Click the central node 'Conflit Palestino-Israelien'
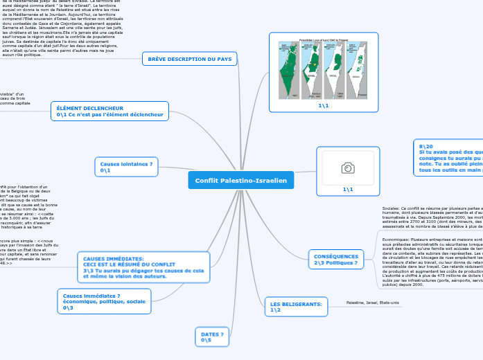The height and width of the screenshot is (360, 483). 240,181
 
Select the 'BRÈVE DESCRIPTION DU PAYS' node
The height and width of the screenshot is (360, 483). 189,59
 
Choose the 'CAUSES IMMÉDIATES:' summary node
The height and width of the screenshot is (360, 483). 114,258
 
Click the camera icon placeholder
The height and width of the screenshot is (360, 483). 348,168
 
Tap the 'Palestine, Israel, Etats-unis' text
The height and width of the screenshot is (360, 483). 373,303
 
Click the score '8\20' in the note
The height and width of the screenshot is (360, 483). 425,147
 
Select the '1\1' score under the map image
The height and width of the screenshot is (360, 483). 324,105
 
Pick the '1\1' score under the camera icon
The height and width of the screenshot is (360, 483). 348,189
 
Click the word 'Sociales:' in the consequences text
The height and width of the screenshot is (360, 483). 392,208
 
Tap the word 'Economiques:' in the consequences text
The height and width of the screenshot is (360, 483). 396,239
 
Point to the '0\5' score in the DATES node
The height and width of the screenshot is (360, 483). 206,340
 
